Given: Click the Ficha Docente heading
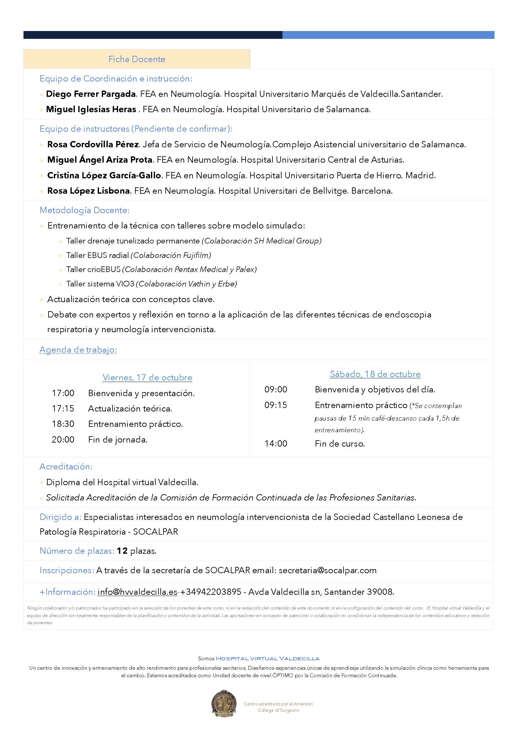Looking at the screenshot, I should [x=137, y=59].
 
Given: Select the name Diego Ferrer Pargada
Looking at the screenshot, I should [x=91, y=94].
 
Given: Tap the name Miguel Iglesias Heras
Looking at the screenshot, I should [x=91, y=109].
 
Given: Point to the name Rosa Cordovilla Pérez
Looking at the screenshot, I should [x=93, y=144].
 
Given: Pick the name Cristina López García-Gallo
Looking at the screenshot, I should [x=104, y=175].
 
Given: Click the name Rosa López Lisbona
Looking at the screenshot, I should [x=88, y=191].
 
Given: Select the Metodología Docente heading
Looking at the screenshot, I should [x=85, y=210].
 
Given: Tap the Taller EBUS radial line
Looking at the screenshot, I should [x=138, y=255].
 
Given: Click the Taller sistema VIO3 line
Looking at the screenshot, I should [x=152, y=284].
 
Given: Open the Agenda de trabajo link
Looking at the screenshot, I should [x=78, y=350].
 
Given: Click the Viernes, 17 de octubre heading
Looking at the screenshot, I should [x=148, y=378].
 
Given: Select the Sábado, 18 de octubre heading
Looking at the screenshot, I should [x=375, y=374].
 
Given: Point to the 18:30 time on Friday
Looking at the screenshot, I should [x=63, y=424].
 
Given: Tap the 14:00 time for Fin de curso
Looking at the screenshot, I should [x=276, y=444].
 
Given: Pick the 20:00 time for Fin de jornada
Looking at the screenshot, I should [x=63, y=440].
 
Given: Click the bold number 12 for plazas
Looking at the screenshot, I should [x=122, y=551].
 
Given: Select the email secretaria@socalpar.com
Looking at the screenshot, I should [x=328, y=570].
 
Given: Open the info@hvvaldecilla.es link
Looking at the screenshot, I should [x=137, y=592].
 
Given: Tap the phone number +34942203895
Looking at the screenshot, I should [x=211, y=592].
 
